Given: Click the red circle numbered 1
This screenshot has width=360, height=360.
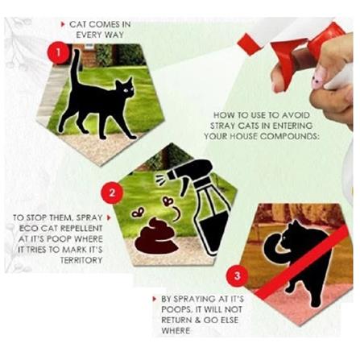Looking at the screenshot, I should pyautogui.click(x=55, y=54).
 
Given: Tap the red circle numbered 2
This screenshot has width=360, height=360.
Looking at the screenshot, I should pyautogui.click(x=114, y=193).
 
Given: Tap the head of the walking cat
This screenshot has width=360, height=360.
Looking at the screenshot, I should pyautogui.click(x=126, y=89).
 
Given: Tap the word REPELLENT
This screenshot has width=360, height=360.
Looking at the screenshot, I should pyautogui.click(x=78, y=239).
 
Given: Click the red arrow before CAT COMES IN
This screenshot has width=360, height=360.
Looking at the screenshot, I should pyautogui.click(x=64, y=25).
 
